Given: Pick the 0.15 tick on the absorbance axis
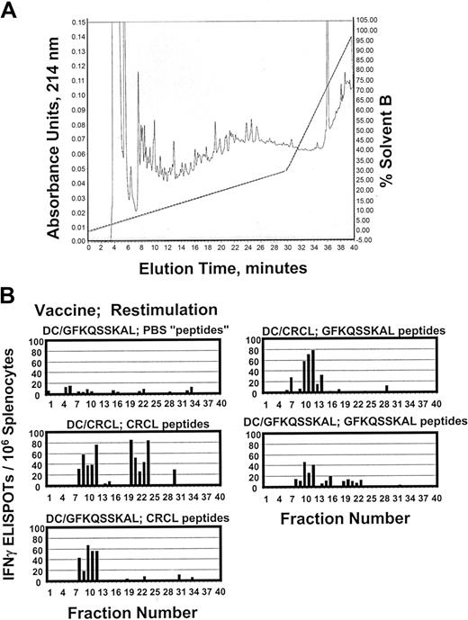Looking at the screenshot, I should click(79, 19).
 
